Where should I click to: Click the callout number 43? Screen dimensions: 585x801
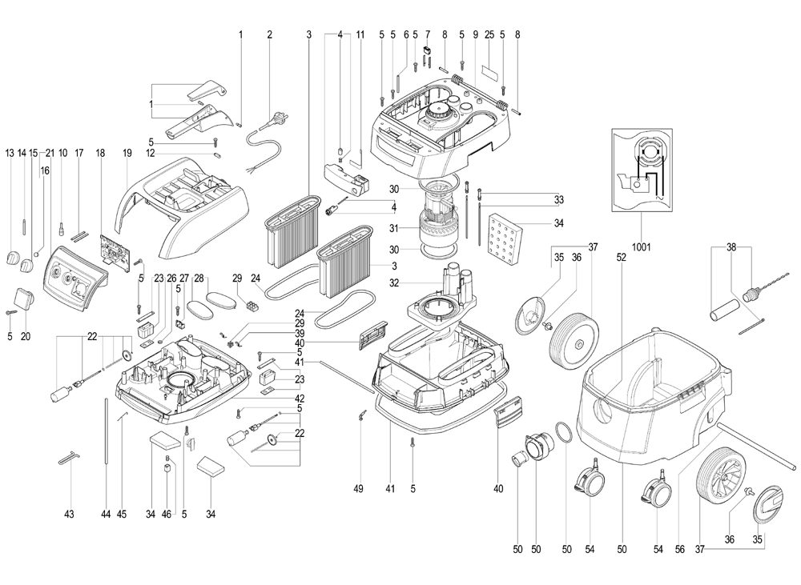69,513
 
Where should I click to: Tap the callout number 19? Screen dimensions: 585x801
127,152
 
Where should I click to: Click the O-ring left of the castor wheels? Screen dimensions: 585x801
563,436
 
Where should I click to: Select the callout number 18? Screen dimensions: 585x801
100,152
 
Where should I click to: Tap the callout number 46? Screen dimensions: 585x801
167,513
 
